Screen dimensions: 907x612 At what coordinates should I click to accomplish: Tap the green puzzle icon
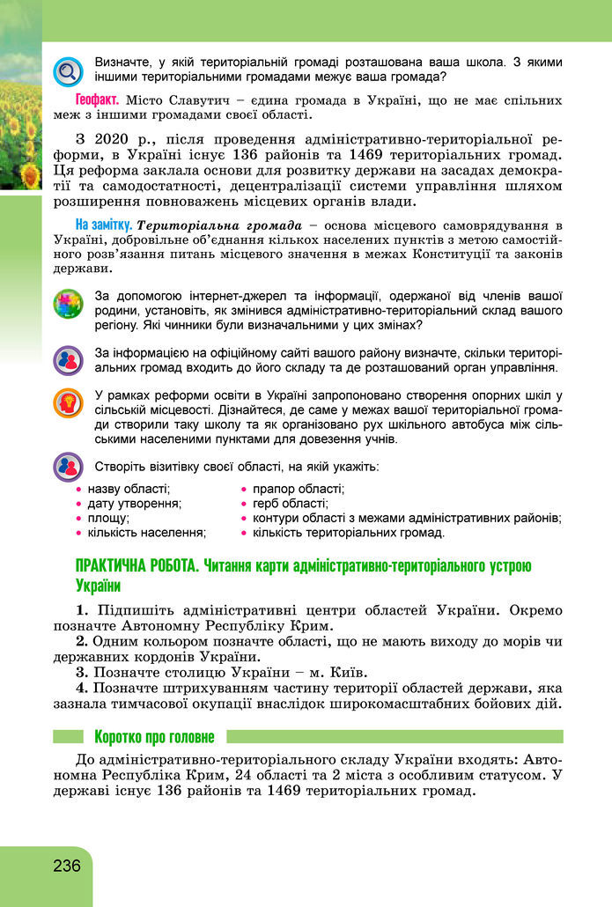67,306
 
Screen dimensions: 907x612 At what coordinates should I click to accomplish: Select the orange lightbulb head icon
67,402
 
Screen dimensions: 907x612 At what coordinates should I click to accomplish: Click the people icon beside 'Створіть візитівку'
67,467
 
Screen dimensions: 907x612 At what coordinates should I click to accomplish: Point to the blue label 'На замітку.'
103,224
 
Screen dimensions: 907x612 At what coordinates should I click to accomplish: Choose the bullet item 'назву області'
129,489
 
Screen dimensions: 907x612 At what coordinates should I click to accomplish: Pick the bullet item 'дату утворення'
134,504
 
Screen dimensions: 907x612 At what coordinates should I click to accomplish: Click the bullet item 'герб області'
290,504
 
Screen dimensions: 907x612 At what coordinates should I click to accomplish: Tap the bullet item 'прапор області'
298,489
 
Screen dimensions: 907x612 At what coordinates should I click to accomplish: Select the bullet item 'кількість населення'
146,533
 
